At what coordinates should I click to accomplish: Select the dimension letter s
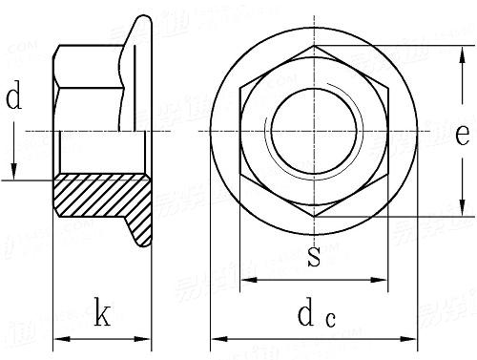314,255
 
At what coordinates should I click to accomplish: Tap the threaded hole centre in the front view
314,130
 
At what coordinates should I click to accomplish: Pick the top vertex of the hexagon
314,45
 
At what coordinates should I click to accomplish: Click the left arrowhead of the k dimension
59,337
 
